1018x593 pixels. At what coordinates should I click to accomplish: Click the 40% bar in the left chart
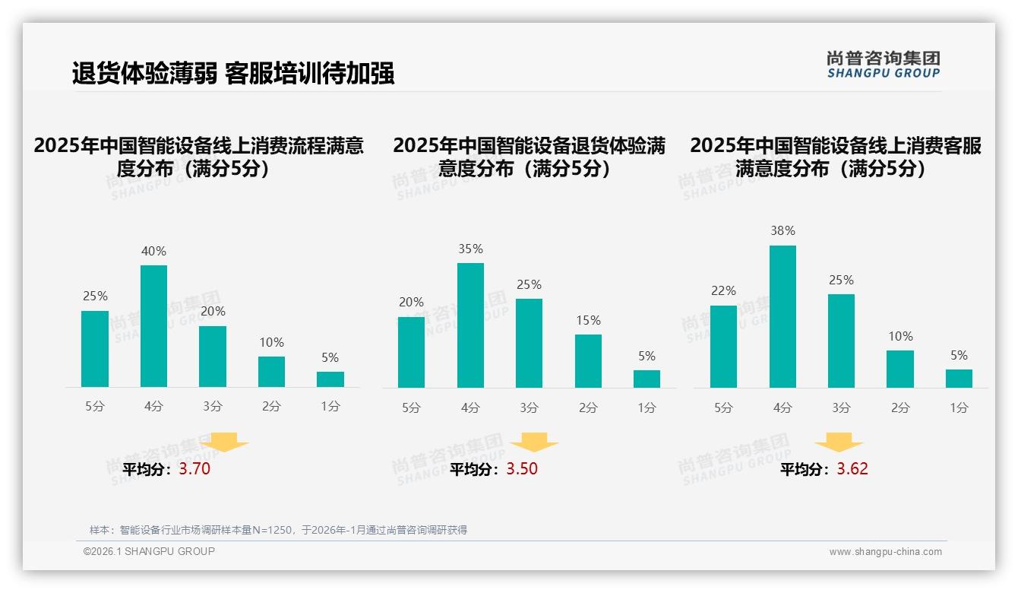pos(153,326)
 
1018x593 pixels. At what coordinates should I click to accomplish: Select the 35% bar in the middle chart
pos(470,325)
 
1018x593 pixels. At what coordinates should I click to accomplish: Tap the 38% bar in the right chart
pos(782,316)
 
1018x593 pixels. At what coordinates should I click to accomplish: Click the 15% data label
pos(588,320)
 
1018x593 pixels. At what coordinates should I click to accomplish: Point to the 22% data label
pos(723,290)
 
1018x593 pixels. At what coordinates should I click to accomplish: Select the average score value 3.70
pos(194,469)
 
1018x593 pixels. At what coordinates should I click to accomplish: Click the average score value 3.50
pos(521,469)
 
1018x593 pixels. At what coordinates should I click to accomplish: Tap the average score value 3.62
pos(852,469)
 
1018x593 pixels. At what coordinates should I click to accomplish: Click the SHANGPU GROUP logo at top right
pos(883,65)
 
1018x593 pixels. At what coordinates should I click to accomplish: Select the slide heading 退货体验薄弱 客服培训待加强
pos(233,74)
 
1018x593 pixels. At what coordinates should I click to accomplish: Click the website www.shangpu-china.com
pos(885,552)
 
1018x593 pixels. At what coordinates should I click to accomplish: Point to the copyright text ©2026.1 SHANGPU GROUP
pos(149,551)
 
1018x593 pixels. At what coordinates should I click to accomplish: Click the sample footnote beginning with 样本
pos(278,530)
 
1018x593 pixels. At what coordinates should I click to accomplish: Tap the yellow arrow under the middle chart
pos(534,442)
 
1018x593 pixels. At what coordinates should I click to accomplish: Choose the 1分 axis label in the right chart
pos(959,407)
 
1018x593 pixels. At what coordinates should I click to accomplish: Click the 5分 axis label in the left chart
pos(95,407)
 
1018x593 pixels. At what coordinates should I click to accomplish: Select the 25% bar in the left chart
pos(95,349)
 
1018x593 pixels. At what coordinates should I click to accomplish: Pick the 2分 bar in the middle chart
pos(588,361)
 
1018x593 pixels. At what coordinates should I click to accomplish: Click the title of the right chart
pos(836,157)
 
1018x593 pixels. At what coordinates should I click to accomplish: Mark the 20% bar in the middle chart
pos(411,352)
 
